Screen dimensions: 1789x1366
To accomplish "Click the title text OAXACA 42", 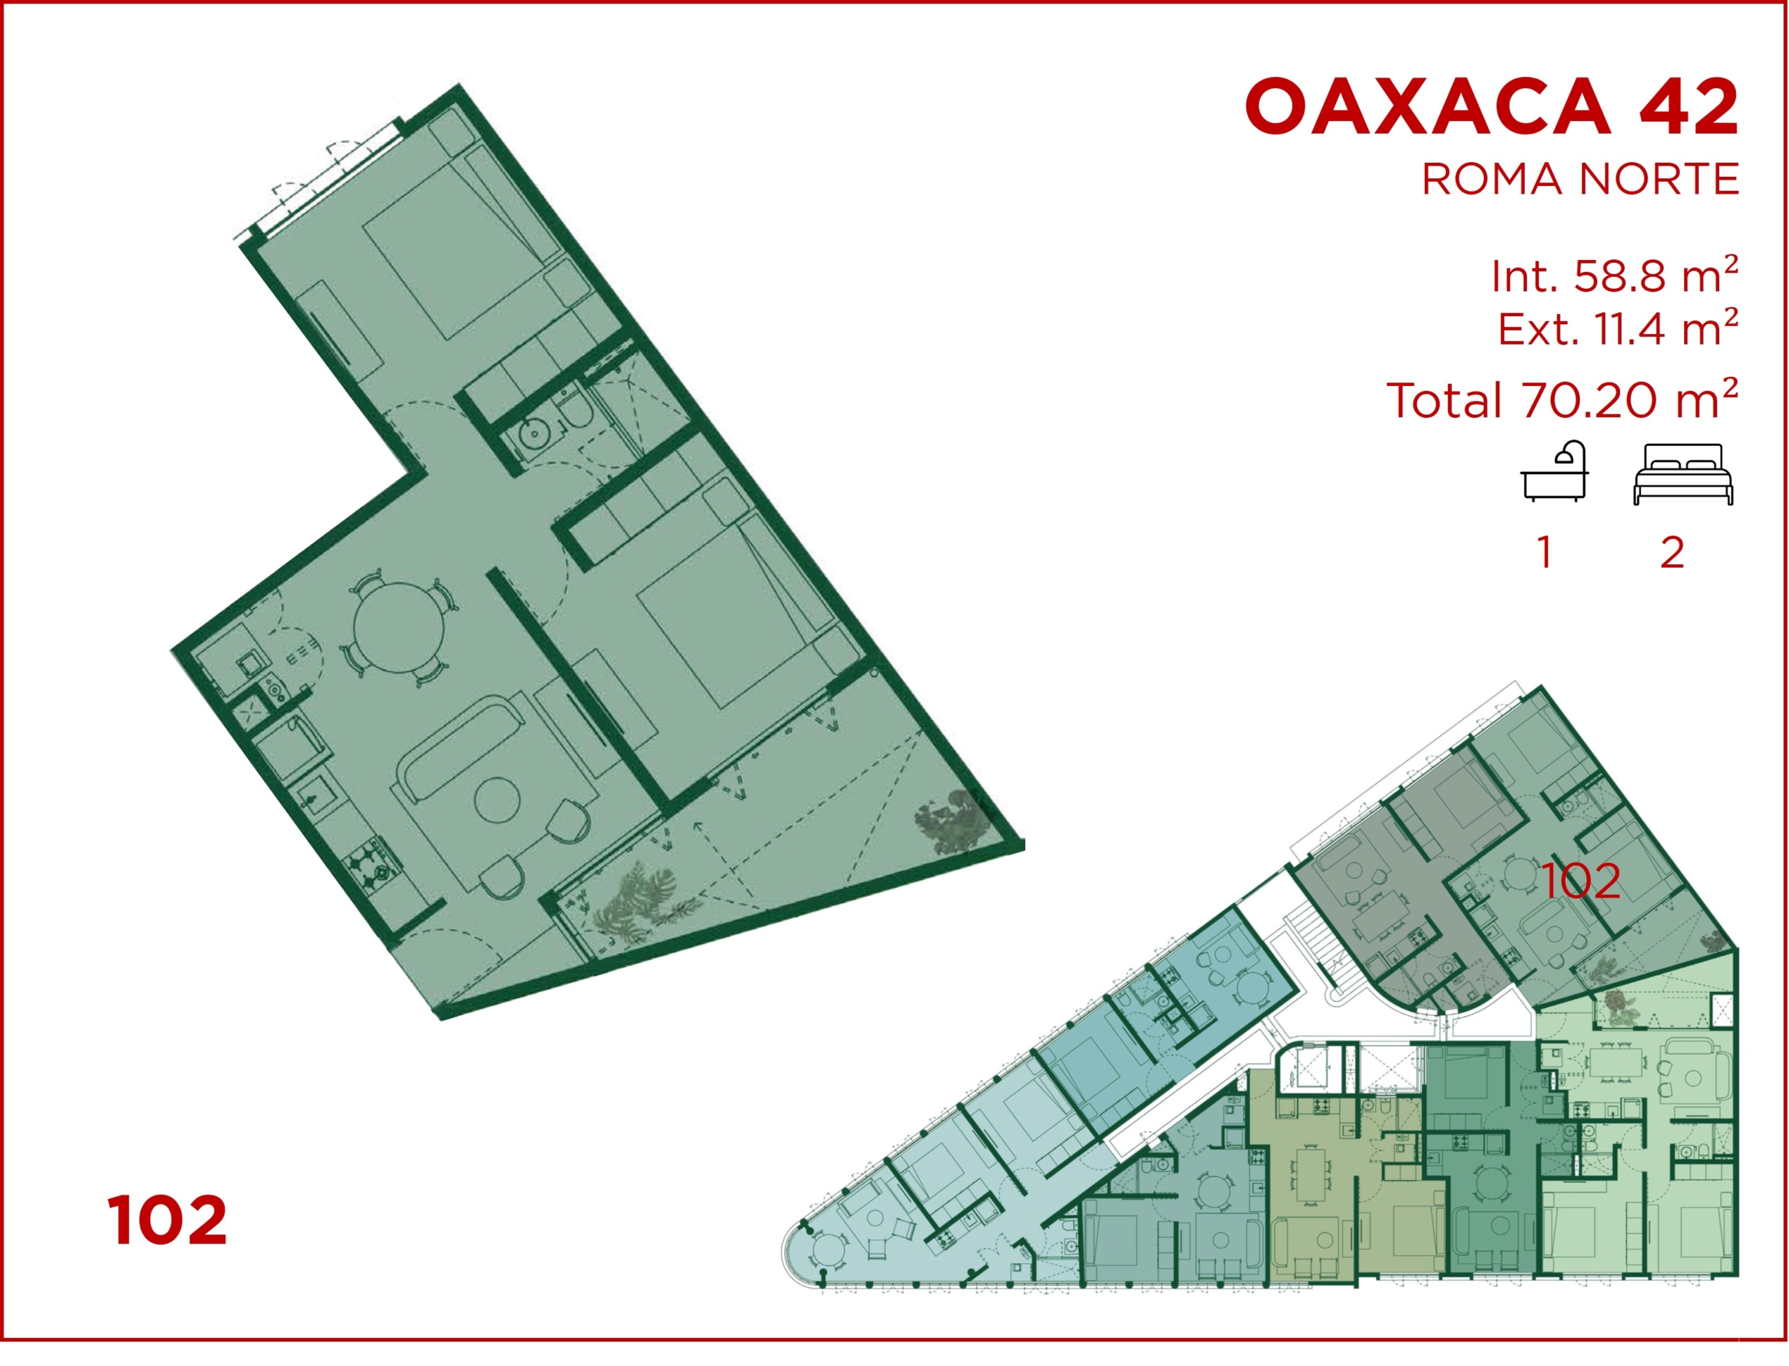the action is [x=1491, y=106].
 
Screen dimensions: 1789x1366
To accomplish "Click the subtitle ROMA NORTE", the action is [x=1579, y=180].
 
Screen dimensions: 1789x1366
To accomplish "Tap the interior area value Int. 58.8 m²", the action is [x=1614, y=276].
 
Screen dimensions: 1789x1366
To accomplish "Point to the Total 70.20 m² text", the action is [x=1561, y=400].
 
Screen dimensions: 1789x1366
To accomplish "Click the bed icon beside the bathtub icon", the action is [x=1683, y=474].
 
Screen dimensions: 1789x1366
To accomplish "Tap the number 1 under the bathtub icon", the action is [x=1544, y=553].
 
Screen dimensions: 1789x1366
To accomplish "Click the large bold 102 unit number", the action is [x=166, y=1221].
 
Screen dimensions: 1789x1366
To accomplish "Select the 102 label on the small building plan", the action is [x=1580, y=881].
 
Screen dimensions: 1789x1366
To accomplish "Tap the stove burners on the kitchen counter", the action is [x=372, y=868].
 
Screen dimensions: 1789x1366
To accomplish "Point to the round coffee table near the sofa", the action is [x=498, y=801].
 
